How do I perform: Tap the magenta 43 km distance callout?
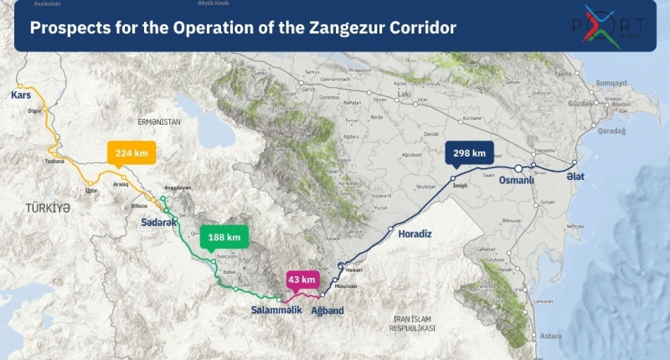click(x=301, y=280)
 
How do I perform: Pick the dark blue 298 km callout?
click(x=469, y=153)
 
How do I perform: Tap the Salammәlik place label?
click(x=276, y=311)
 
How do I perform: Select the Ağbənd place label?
click(x=327, y=311)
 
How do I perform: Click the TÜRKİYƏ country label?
click(x=47, y=208)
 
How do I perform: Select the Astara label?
click(x=551, y=336)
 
